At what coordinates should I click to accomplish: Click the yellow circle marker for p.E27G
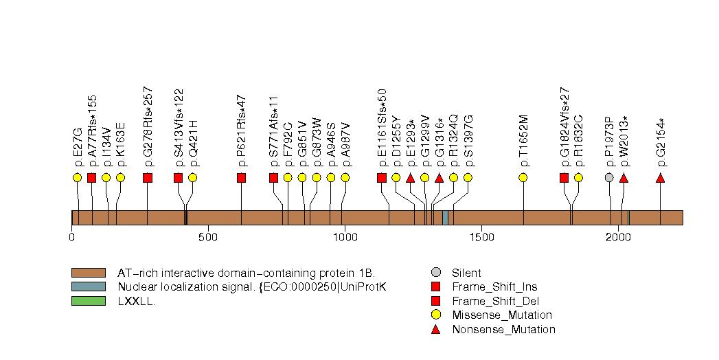click(77, 177)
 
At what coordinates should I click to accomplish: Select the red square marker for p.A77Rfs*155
click(91, 178)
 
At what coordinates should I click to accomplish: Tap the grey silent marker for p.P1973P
click(609, 177)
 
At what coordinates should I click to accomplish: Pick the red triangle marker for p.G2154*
click(660, 178)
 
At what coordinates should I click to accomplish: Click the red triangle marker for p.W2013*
click(624, 178)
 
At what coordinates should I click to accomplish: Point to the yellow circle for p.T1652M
click(523, 177)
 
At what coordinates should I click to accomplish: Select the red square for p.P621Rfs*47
click(241, 178)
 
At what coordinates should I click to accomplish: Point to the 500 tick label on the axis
click(208, 237)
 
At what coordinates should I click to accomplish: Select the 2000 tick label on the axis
click(618, 237)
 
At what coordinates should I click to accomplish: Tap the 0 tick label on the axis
click(72, 237)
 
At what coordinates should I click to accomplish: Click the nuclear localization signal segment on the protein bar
click(445, 218)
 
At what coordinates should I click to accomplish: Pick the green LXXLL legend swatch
click(88, 300)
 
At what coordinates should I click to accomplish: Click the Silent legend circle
click(435, 273)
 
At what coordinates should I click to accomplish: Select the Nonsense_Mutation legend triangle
click(435, 329)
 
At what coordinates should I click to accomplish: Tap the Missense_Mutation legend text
click(501, 315)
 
